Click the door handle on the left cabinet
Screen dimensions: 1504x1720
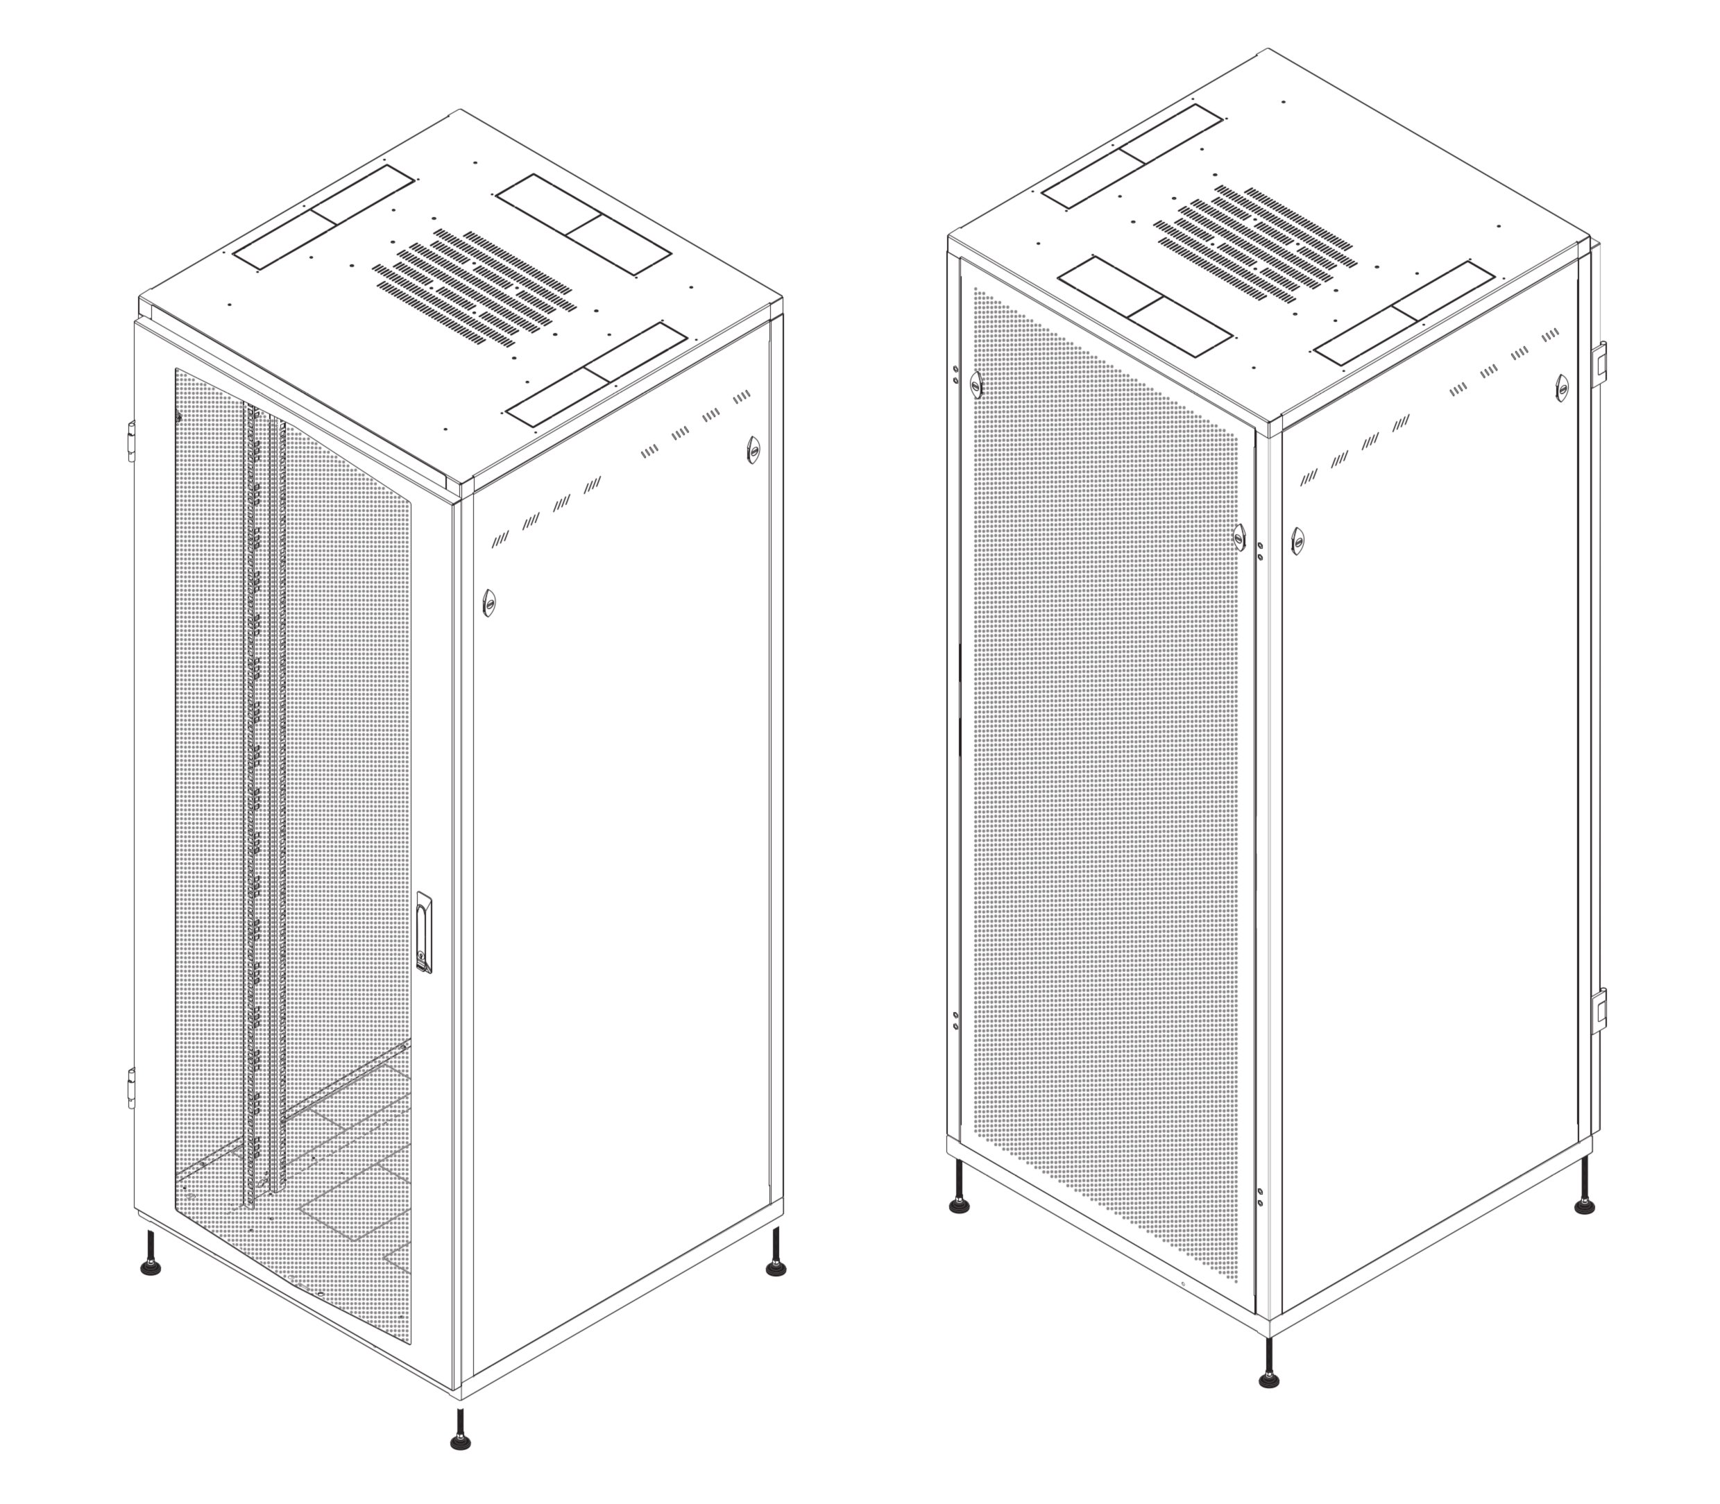pyautogui.click(x=425, y=932)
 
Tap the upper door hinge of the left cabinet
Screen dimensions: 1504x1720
pyautogui.click(x=131, y=441)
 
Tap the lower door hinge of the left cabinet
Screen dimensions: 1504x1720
pyautogui.click(x=131, y=1088)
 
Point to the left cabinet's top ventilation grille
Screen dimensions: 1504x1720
pyautogui.click(x=472, y=287)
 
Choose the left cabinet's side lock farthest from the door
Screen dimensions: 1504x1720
pyautogui.click(x=752, y=450)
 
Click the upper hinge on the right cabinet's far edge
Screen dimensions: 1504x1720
pyautogui.click(x=1601, y=364)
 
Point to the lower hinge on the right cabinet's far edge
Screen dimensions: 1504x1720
pyautogui.click(x=1601, y=1011)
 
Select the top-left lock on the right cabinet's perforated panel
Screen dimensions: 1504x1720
pyautogui.click(x=976, y=384)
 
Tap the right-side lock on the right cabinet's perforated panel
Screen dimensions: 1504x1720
pyautogui.click(x=1239, y=536)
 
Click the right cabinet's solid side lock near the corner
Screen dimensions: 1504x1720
pyautogui.click(x=1297, y=540)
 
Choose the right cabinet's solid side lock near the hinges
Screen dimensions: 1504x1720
pyautogui.click(x=1561, y=387)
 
